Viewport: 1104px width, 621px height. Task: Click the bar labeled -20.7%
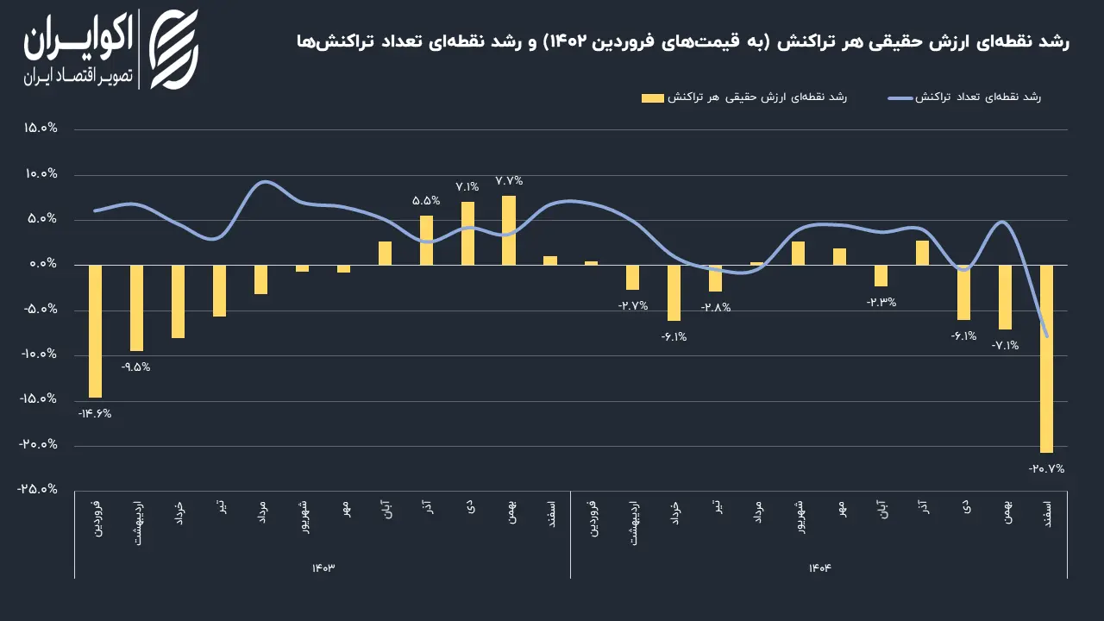[x=1046, y=359]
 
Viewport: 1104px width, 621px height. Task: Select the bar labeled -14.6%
[x=95, y=331]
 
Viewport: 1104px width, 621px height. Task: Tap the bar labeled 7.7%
[x=509, y=230]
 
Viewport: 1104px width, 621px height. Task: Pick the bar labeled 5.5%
[x=426, y=240]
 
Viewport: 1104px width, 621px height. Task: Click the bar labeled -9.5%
[x=136, y=308]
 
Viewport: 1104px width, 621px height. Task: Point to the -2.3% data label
[x=881, y=302]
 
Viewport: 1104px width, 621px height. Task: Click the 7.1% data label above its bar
[x=467, y=187]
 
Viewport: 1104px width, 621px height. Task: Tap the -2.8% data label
[x=716, y=307]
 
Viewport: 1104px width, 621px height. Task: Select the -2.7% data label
[x=633, y=305]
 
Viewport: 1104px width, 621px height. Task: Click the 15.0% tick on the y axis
[x=41, y=129]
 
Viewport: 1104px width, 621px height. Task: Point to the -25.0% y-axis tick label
[x=37, y=489]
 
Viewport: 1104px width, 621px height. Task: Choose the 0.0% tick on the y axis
[x=43, y=264]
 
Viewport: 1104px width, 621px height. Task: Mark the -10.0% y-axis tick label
[x=39, y=354]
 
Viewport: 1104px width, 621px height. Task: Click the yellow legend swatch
[x=653, y=98]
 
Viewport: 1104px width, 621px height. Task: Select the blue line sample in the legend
[x=900, y=98]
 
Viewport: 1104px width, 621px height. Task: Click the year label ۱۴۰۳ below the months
[x=323, y=568]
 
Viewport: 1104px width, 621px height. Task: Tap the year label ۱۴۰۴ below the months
[x=819, y=568]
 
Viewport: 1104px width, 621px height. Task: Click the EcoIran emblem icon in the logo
[x=174, y=49]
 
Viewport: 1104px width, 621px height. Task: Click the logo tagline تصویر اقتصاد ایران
[x=78, y=77]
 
